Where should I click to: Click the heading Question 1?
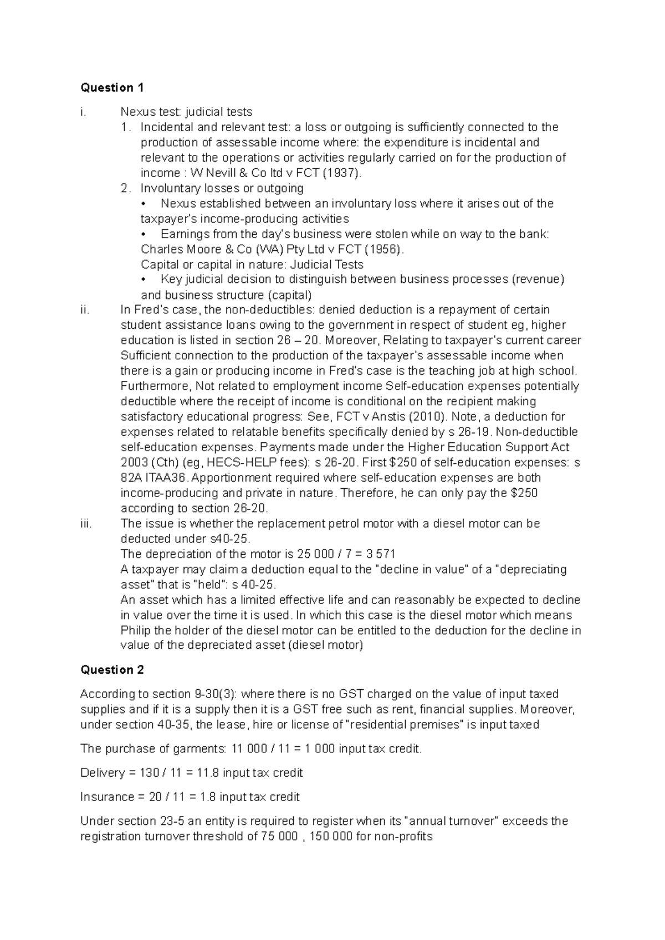click(x=112, y=87)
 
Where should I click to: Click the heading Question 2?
click(x=112, y=670)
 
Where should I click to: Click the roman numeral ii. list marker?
click(x=85, y=309)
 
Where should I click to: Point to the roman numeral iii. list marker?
click(x=86, y=523)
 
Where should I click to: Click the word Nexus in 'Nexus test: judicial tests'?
click(x=134, y=112)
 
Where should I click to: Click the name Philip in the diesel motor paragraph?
click(x=136, y=630)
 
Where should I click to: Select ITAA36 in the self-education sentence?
click(x=165, y=478)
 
